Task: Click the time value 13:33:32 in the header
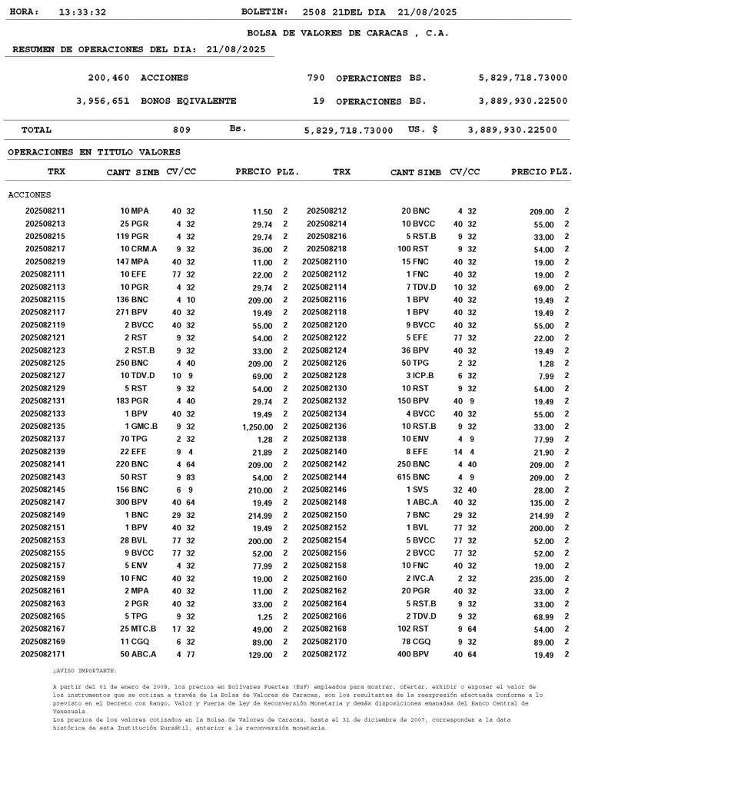pos(82,12)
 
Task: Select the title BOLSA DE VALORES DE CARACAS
pos(347,33)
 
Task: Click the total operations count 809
pos(181,130)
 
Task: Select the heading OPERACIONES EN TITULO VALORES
pos(94,152)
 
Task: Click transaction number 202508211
pos(45,211)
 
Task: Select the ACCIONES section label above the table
pos(29,195)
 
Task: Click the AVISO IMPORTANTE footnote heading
pos(85,670)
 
